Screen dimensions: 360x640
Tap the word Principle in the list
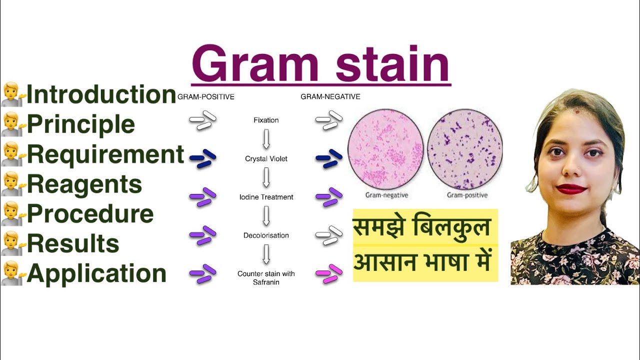point(80,124)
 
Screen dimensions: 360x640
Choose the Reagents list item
point(84,184)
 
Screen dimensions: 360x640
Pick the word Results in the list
point(73,244)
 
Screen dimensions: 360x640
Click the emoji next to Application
point(13,274)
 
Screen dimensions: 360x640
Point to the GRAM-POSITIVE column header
point(206,97)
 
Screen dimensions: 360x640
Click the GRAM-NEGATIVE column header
point(330,96)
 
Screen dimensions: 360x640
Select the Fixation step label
point(266,120)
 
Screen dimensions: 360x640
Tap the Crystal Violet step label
point(266,159)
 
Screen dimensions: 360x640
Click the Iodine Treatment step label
point(266,197)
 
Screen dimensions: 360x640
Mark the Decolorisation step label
point(266,235)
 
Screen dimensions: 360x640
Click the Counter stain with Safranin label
point(266,278)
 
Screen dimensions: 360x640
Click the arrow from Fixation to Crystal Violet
point(266,139)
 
